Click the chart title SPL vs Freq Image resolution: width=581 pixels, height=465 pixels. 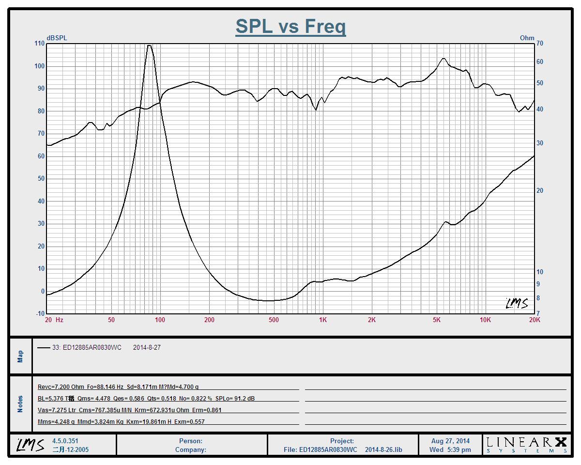pos(290,26)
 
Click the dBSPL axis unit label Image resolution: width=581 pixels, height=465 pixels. pos(57,38)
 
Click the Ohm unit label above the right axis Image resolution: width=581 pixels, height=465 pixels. pos(527,38)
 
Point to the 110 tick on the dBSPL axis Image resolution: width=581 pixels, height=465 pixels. pos(39,44)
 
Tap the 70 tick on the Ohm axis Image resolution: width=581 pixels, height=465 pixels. pos(540,44)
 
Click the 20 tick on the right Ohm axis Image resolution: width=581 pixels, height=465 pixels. pos(540,191)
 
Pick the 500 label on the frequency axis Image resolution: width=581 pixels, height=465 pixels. pos(274,320)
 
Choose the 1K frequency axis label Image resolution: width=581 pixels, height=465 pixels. pos(322,320)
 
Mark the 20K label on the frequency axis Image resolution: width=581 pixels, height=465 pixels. pos(535,320)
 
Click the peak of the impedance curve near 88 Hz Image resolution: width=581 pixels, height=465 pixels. pos(150,46)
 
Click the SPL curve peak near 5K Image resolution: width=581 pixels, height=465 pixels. pos(443,59)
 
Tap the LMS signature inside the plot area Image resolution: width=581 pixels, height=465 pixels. pos(517,303)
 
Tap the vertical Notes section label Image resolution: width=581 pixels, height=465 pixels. pos(20,404)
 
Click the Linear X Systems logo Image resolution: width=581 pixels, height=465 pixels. pos(526,444)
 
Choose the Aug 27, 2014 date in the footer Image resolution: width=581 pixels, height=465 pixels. pos(450,441)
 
